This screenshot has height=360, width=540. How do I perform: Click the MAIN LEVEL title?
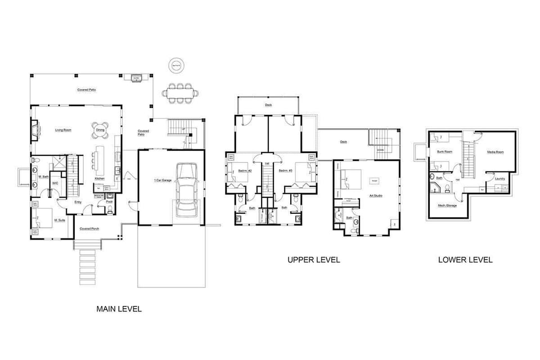[x=119, y=309]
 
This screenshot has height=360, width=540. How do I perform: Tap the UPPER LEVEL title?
[x=313, y=260]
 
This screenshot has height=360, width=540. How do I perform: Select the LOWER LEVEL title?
[x=465, y=260]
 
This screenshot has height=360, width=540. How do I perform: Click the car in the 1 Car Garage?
[x=186, y=190]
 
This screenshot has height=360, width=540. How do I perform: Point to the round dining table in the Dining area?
[x=100, y=130]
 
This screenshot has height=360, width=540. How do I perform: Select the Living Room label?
[x=63, y=130]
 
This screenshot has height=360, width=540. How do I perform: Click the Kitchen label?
[x=100, y=179]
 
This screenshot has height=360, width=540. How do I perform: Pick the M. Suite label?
[x=60, y=220]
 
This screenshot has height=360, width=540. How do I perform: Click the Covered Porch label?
[x=89, y=229]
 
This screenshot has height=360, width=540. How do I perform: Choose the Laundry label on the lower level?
[x=499, y=179]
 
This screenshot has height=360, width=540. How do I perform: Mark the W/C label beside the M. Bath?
[x=56, y=183]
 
